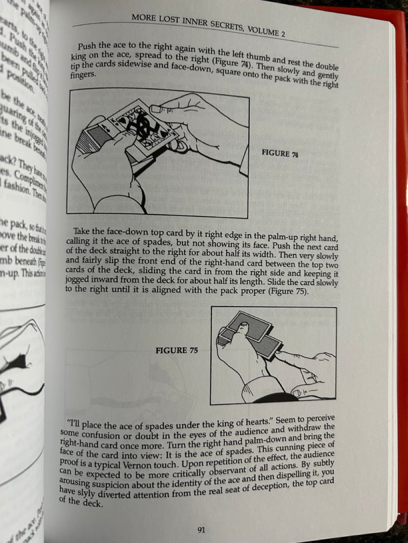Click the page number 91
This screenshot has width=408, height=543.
point(201,529)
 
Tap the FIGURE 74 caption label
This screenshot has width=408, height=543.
point(280,154)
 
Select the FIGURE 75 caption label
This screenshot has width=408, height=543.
point(177,350)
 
